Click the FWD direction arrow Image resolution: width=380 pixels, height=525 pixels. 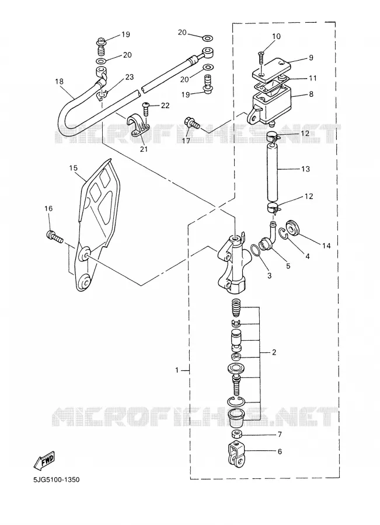tap(44, 461)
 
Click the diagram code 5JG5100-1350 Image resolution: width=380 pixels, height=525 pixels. tap(56, 480)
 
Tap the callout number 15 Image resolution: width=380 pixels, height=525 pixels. tap(73, 167)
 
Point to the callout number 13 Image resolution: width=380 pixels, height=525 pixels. tap(306, 169)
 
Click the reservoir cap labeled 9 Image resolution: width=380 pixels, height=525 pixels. tap(271, 69)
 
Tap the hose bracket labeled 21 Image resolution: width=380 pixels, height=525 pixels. tap(138, 127)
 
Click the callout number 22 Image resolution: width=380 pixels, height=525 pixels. tap(165, 106)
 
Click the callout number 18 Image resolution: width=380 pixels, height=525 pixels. tap(60, 82)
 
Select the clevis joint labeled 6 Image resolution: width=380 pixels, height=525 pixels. tap(237, 454)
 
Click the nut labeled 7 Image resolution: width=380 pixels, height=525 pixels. tap(236, 434)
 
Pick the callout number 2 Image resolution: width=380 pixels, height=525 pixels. tap(274, 352)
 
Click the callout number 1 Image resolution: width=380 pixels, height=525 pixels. tap(177, 370)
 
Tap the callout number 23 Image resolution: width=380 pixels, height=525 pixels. tap(129, 77)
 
